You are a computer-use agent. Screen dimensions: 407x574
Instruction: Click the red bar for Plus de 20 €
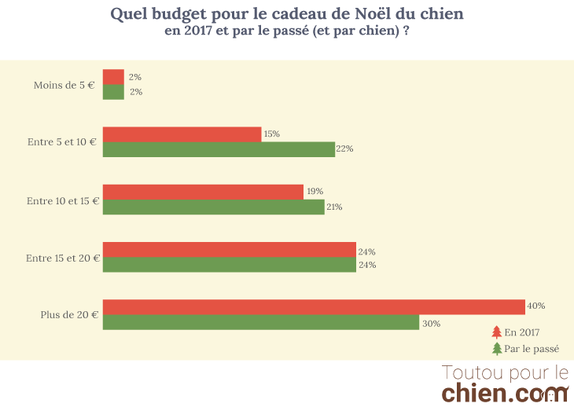coord(314,306)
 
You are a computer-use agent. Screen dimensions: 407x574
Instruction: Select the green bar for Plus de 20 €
coord(261,323)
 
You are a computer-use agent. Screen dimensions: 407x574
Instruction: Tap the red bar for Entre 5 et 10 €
coord(182,134)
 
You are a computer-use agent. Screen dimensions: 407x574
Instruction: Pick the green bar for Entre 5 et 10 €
coord(219,149)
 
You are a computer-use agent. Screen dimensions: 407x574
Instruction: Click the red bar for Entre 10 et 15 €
coord(203,192)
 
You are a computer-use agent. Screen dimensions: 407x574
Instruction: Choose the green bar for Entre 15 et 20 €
coord(229,266)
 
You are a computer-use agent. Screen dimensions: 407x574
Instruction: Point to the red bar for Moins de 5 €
coord(113,77)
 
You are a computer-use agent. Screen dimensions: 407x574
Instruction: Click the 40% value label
coord(536,306)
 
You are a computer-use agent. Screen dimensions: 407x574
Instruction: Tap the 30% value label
coord(430,323)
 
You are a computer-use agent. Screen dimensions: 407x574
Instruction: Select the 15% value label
coord(272,134)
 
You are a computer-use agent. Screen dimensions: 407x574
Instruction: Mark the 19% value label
coord(315,192)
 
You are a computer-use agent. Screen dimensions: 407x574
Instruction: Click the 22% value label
coord(345,149)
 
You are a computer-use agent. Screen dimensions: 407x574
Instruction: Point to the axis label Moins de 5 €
coord(64,85)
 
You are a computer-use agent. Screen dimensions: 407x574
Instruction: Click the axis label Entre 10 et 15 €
coord(63,200)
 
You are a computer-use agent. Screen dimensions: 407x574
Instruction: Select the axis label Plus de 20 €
coord(69,315)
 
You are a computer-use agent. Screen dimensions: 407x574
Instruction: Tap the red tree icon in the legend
coord(496,332)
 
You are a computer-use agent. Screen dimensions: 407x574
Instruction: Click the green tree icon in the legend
coord(496,349)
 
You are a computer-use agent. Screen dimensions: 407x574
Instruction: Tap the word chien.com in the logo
coord(504,391)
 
